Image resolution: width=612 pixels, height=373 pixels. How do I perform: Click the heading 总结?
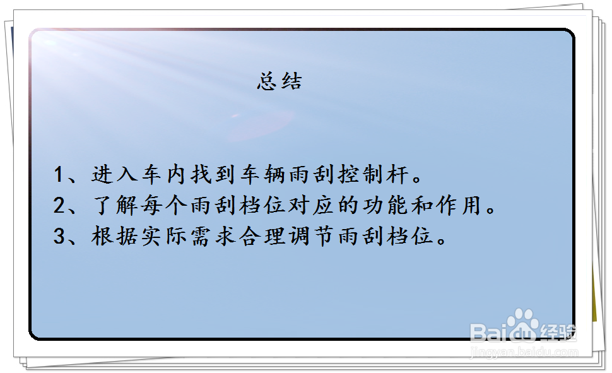280,81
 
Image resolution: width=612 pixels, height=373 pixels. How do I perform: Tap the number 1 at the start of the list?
59,175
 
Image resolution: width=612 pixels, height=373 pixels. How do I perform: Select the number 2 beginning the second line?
59,206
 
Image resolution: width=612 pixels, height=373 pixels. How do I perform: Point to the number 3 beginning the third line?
59,237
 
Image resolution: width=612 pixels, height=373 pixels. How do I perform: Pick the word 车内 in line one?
158,175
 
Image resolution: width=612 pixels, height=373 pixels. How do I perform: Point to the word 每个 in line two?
158,206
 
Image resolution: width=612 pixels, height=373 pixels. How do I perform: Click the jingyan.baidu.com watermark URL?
524,352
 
